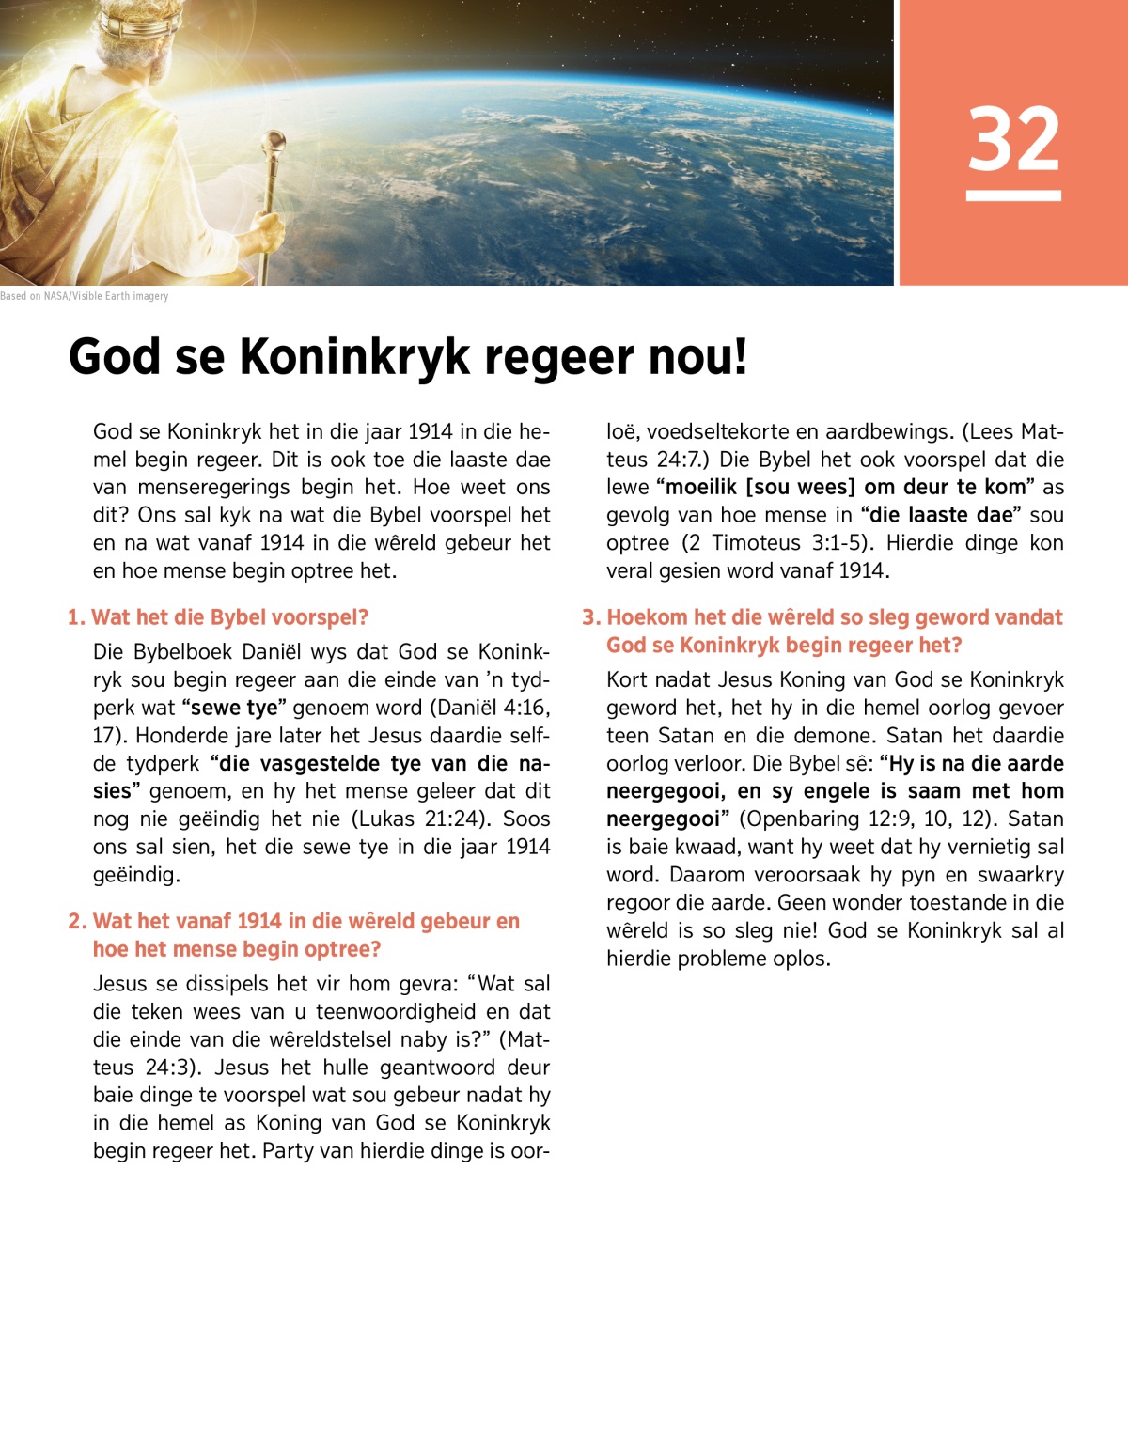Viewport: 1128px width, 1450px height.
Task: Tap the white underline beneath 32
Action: click(1013, 195)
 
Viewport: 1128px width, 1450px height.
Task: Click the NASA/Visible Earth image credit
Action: click(85, 296)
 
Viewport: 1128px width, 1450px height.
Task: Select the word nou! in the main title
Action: click(697, 357)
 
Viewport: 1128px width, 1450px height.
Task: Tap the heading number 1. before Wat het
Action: click(76, 617)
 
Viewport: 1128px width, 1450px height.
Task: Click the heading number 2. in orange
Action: click(77, 921)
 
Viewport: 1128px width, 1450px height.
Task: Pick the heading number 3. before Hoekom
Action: click(590, 617)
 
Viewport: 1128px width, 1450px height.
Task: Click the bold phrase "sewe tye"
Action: click(234, 708)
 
